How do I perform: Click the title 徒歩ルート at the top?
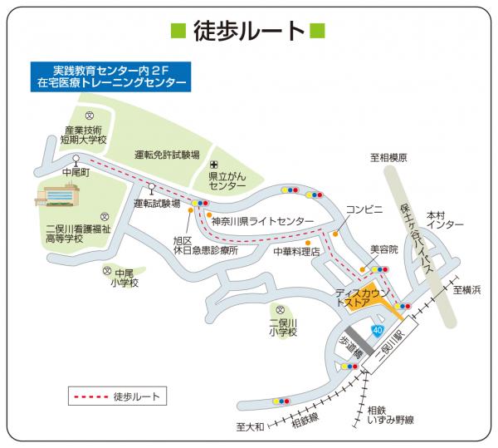(x=248, y=31)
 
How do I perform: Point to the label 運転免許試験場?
(x=167, y=155)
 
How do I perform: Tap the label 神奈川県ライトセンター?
(x=262, y=222)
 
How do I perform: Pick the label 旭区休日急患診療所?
(x=205, y=245)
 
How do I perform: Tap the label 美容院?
(x=383, y=249)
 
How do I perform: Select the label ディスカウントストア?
(x=363, y=299)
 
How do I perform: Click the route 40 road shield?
(x=378, y=331)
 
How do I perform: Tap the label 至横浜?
(x=467, y=290)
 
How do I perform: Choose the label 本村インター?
(x=437, y=220)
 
